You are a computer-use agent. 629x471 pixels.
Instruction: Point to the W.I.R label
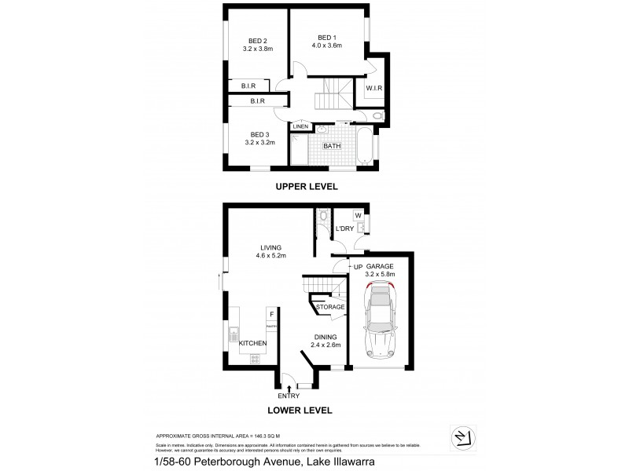[374, 88]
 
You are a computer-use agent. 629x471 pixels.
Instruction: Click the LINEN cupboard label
[300, 126]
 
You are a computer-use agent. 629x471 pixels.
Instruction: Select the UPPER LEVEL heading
[306, 187]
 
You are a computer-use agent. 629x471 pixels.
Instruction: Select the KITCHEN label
[252, 344]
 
